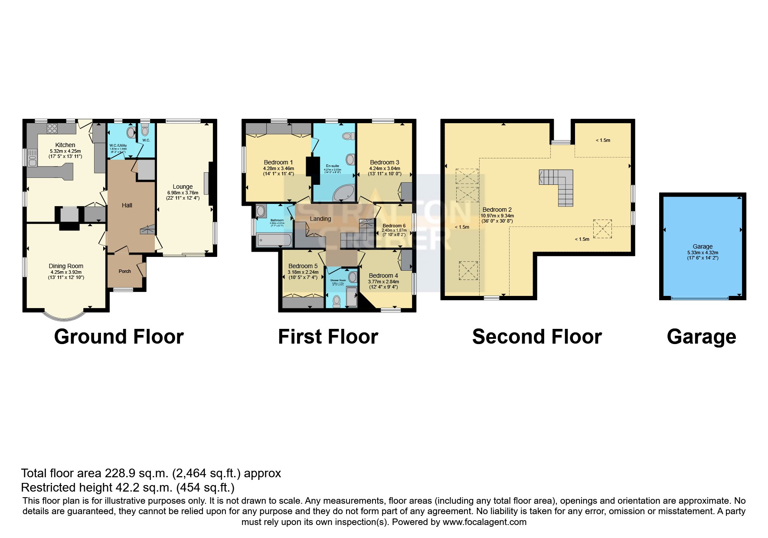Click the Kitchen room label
[65, 145]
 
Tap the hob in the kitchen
[52, 128]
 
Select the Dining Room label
[66, 266]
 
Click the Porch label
[125, 271]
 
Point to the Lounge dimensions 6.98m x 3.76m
[183, 193]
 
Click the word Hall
[127, 205]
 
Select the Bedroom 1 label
[278, 162]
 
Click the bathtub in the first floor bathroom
[274, 239]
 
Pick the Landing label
[320, 219]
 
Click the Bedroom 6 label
[394, 226]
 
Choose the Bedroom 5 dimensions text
[303, 272]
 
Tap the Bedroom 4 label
[383, 276]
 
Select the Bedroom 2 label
[497, 210]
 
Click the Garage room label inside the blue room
[703, 246]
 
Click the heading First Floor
[328, 337]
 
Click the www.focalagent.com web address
[484, 522]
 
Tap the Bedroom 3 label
[385, 162]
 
